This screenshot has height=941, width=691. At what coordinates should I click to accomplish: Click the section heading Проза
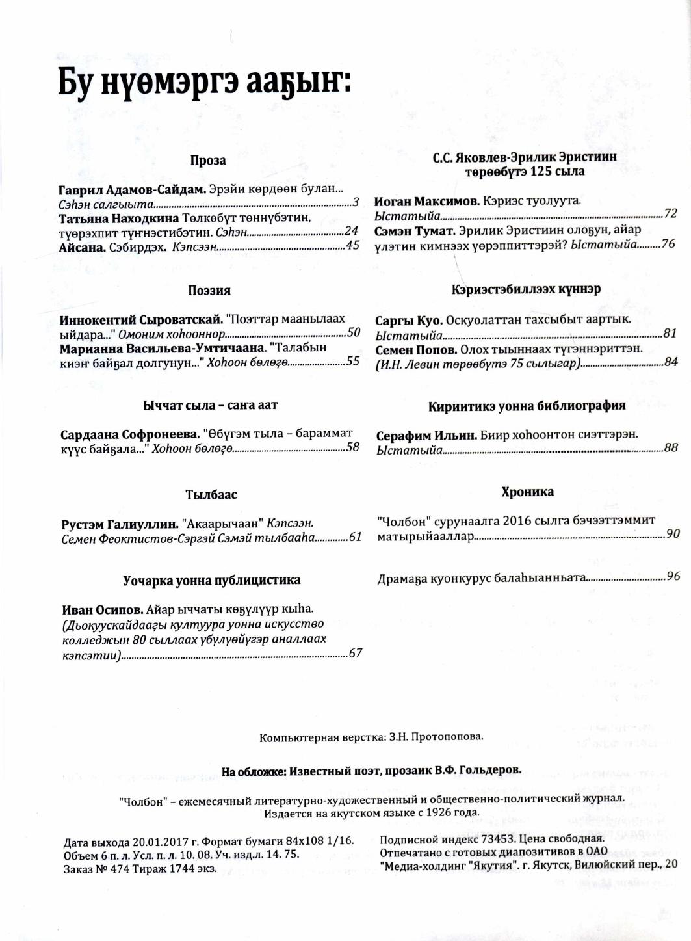click(x=208, y=161)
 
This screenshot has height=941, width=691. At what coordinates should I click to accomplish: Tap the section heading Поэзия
click(x=209, y=291)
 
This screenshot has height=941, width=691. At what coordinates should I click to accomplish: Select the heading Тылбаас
click(x=211, y=494)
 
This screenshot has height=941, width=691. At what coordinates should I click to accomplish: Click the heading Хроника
click(x=527, y=492)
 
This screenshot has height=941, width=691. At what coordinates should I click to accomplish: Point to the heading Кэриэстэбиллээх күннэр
click(x=526, y=289)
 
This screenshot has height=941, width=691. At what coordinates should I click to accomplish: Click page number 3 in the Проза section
click(x=356, y=203)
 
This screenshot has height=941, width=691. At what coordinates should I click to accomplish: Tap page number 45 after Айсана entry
click(x=352, y=245)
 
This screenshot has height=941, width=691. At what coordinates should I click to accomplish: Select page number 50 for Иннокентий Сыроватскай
click(x=354, y=332)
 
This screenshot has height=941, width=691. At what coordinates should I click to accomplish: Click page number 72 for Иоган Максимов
click(x=670, y=213)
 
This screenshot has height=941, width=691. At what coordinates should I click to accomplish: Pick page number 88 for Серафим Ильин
click(x=671, y=447)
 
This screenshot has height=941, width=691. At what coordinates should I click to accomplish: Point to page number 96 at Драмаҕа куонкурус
click(x=673, y=576)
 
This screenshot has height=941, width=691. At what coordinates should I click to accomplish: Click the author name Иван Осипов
click(x=102, y=609)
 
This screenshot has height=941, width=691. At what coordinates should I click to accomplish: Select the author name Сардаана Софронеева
click(x=129, y=434)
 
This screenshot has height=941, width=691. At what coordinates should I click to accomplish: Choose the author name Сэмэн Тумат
click(x=414, y=230)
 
